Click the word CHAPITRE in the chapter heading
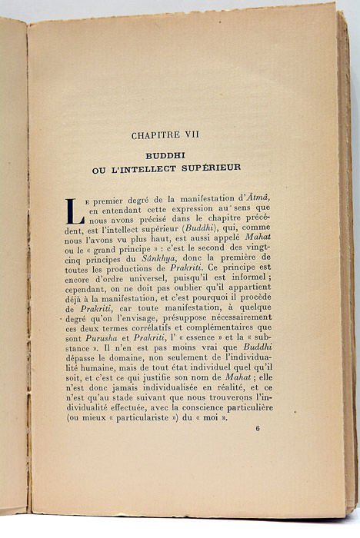tap(157, 136)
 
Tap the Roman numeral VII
tap(191, 136)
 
